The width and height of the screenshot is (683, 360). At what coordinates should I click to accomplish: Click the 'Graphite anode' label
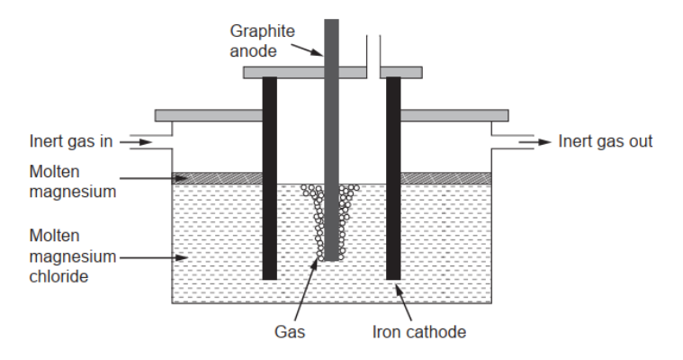[x=262, y=41]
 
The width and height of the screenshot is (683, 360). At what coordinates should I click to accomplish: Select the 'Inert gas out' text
[x=605, y=141]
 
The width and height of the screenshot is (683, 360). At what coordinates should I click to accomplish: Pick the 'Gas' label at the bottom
[x=290, y=331]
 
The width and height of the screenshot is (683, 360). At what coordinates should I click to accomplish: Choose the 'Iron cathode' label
[x=419, y=331]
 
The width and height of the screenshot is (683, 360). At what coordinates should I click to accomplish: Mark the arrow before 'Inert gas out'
[x=537, y=141]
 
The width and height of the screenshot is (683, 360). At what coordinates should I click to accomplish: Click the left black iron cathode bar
[x=269, y=180]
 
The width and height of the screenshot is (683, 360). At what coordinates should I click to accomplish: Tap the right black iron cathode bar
[x=393, y=180]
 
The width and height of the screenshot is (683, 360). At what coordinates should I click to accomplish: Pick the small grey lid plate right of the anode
[x=401, y=72]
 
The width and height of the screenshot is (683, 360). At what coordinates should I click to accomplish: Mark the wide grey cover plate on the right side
[x=454, y=115]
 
